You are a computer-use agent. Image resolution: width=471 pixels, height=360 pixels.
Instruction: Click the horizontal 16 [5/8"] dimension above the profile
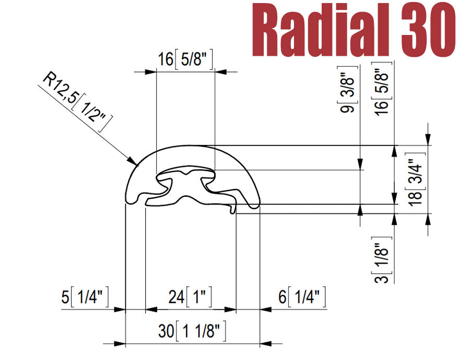(x=185, y=60)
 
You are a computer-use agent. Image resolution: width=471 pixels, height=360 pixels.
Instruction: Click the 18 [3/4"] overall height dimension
(x=416, y=179)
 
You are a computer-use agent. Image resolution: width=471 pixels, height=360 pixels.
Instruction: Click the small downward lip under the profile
(x=233, y=209)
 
